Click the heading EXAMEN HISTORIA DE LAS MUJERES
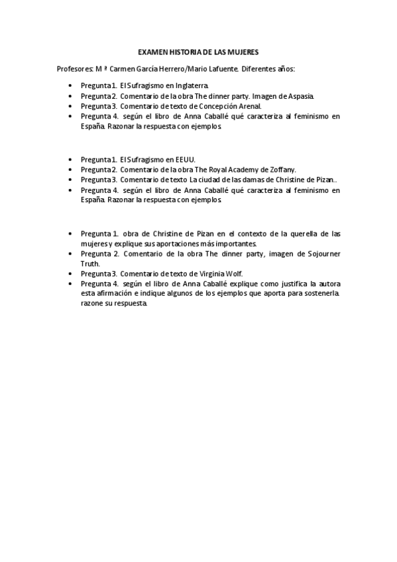click(x=198, y=51)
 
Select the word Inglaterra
click(x=189, y=85)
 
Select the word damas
click(x=249, y=179)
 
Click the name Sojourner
click(x=321, y=253)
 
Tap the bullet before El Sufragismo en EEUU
click(x=72, y=159)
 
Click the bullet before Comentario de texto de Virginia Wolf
click(x=72, y=273)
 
